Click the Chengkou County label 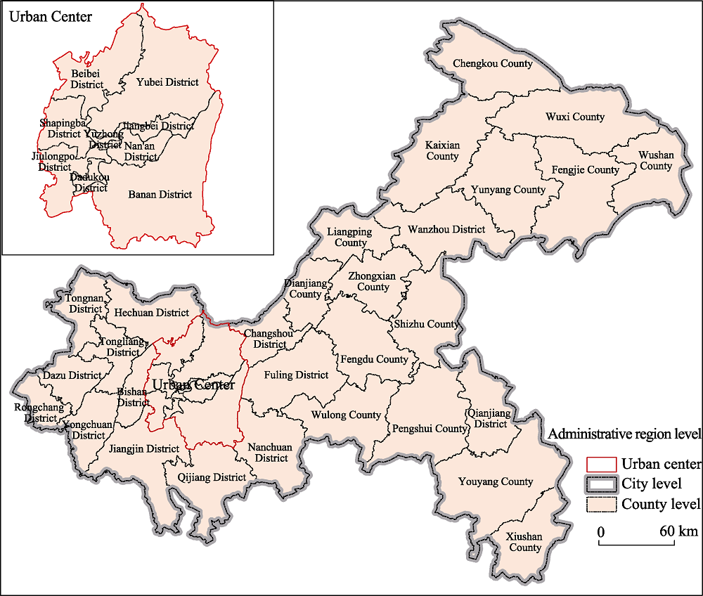(493, 64)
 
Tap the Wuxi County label (575, 117)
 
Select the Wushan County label (656, 161)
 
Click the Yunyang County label (508, 190)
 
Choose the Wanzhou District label (446, 229)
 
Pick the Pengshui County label (430, 429)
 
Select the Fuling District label (296, 375)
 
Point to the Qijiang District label (212, 478)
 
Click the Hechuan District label (151, 313)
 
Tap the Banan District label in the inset (160, 195)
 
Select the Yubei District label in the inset (167, 82)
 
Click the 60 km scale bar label (678, 531)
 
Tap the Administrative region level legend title (624, 434)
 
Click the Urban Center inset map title (50, 16)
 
